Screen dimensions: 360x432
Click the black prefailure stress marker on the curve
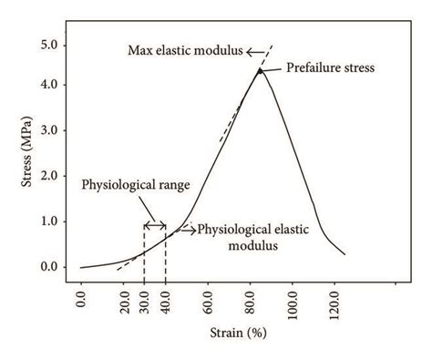pos(260,69)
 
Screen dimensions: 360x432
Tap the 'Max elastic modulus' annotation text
pos(184,52)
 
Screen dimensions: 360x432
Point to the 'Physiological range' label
pos(136,185)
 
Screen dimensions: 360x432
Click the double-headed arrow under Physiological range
pos(154,225)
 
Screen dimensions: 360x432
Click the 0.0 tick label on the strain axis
pos(81,300)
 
